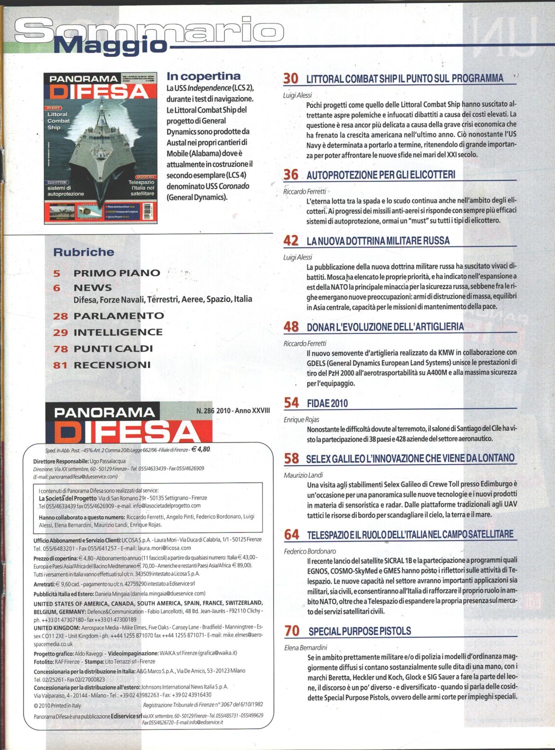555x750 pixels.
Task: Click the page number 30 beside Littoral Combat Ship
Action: (291, 78)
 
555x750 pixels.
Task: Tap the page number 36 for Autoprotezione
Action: (291, 174)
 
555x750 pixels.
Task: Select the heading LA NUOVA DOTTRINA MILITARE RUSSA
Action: (378, 241)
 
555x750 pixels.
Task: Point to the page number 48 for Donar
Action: (291, 327)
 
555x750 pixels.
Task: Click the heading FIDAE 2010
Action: (327, 403)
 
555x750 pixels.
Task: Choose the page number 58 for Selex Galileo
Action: (291, 458)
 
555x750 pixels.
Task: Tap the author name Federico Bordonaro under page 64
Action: (310, 551)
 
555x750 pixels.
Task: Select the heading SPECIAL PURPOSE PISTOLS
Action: (359, 631)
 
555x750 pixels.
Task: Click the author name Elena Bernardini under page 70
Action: (305, 647)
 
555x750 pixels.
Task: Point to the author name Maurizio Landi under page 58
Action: (303, 475)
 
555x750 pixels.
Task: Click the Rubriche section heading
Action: (84, 252)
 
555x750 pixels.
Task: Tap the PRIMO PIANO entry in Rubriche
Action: (117, 273)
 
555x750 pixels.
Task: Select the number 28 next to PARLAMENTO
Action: (60, 316)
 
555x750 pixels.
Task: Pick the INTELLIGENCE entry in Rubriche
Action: (118, 332)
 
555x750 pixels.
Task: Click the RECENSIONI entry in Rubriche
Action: (112, 365)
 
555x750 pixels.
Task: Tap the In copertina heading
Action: (203, 76)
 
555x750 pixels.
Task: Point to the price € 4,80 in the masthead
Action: (201, 449)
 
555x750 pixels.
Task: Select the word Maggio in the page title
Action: (110, 46)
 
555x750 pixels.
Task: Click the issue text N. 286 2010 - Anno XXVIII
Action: (233, 410)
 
